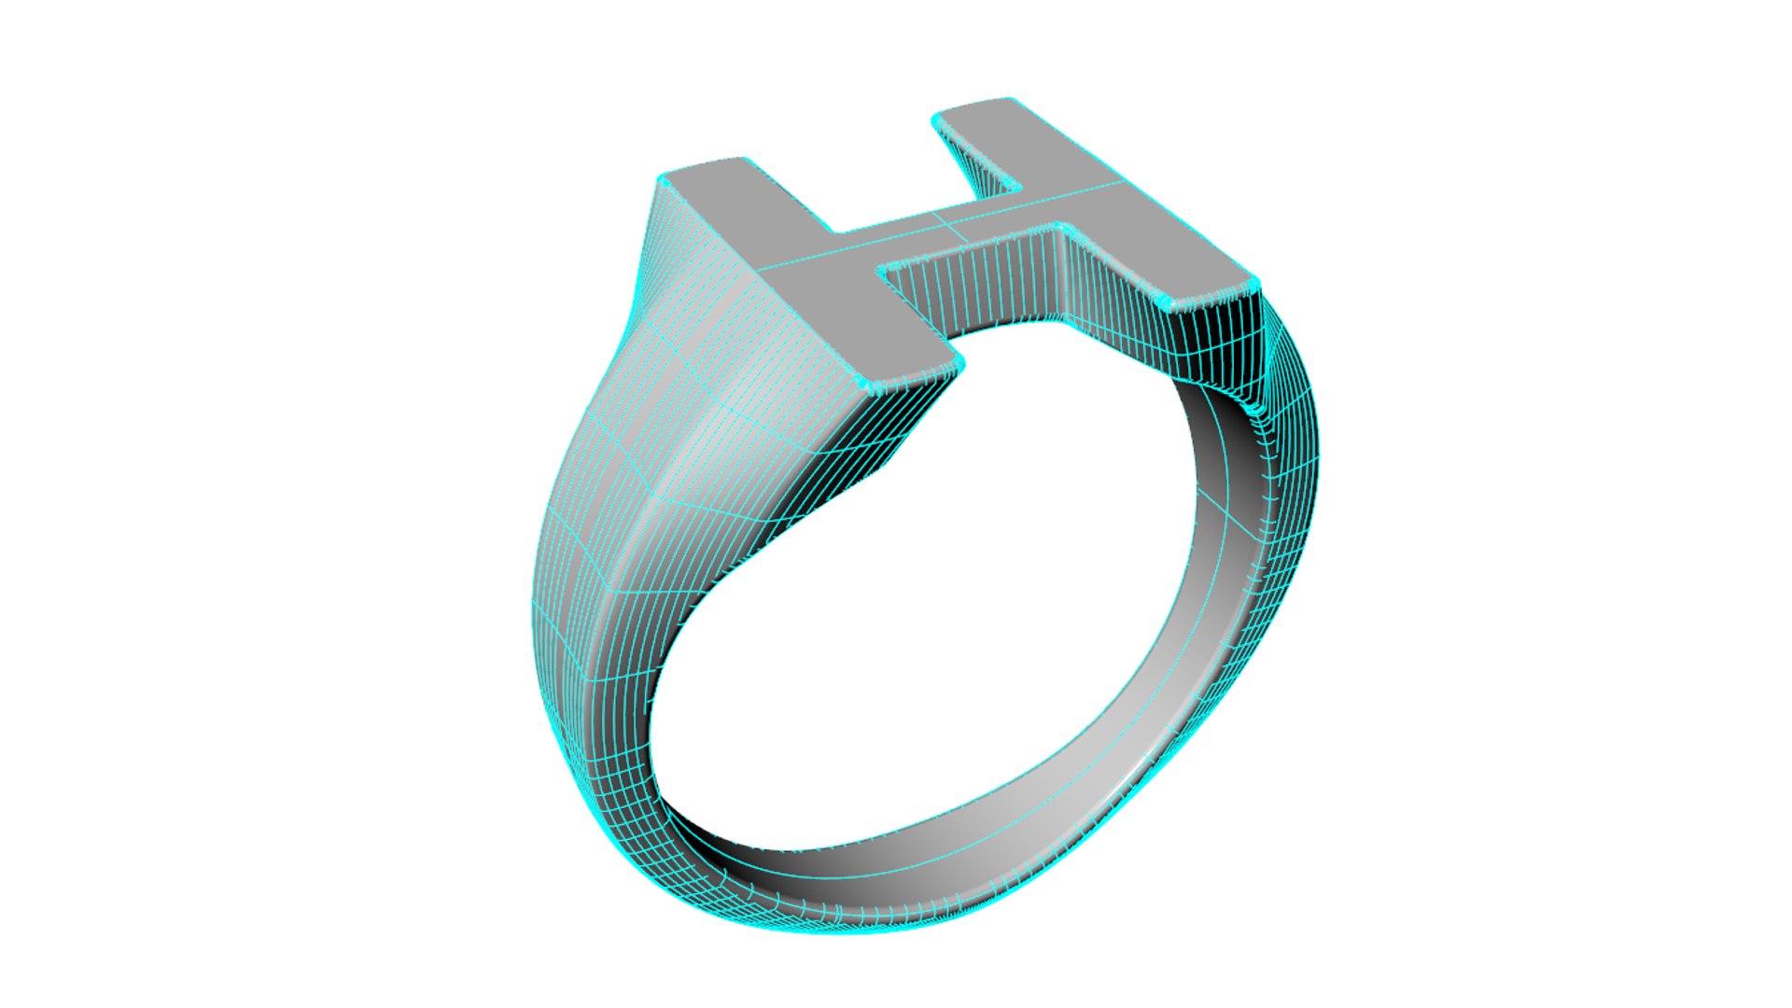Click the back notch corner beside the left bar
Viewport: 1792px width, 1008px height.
835,231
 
